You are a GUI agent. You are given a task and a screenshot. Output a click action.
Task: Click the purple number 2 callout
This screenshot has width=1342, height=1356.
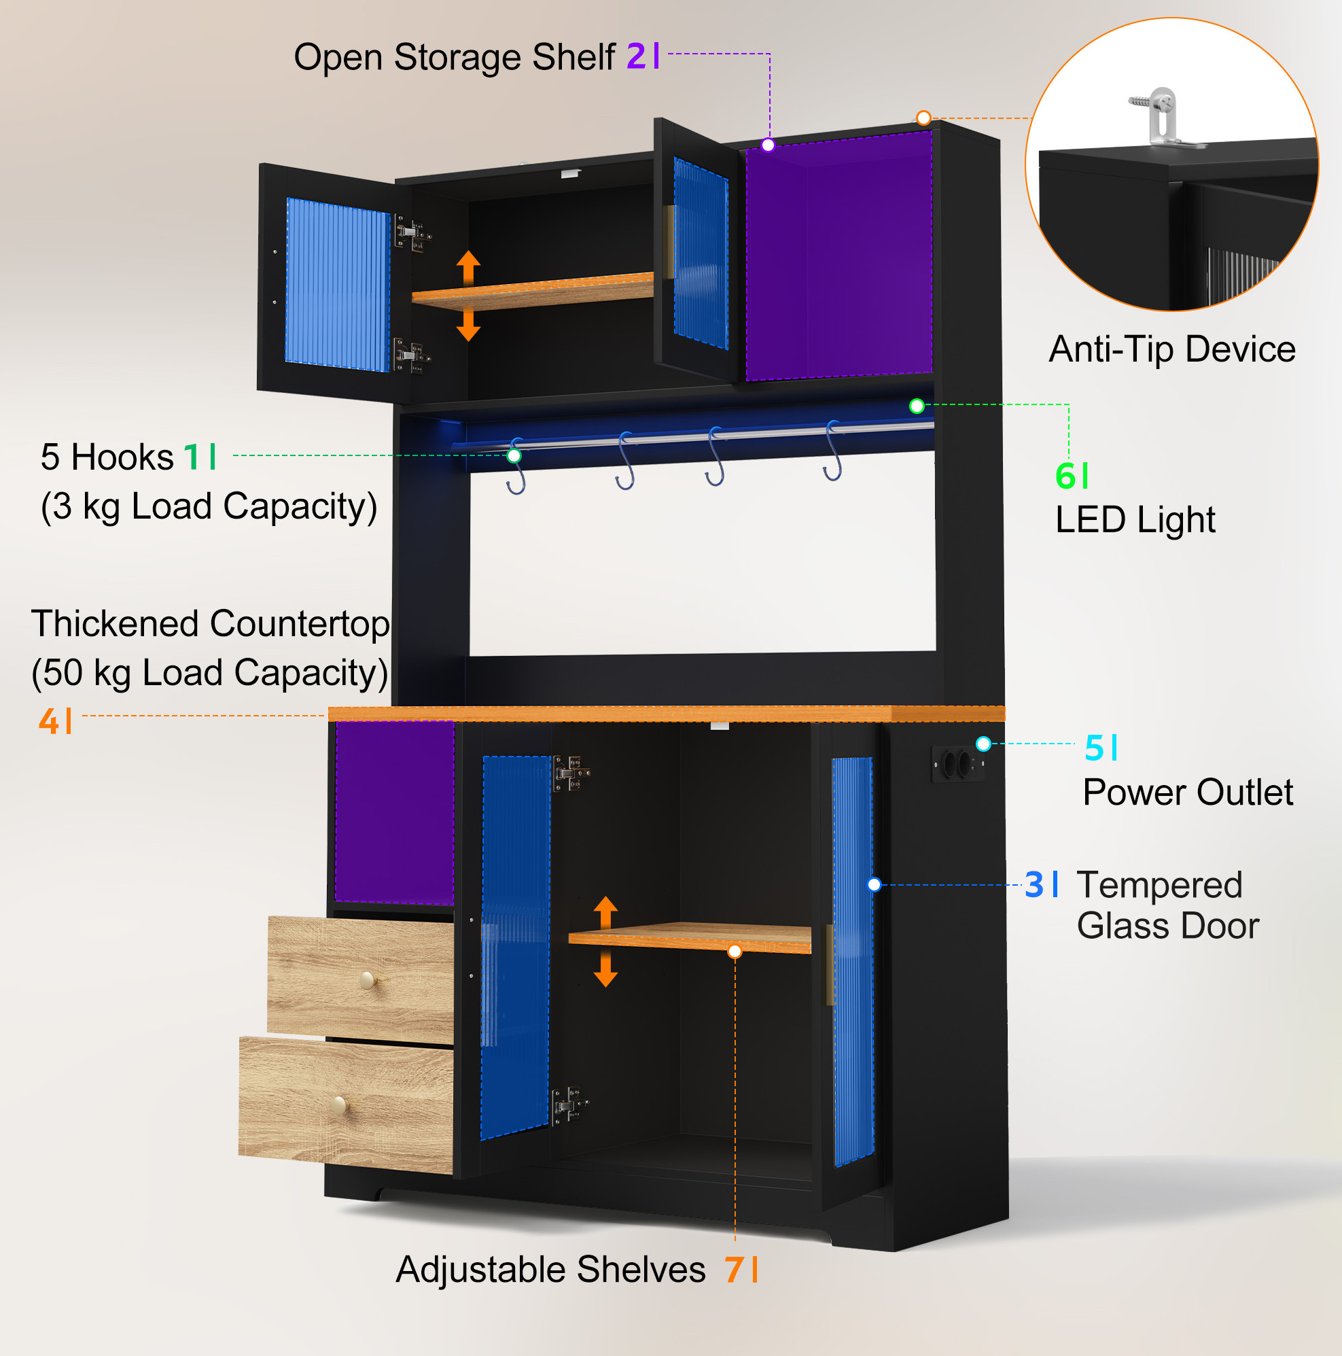635,56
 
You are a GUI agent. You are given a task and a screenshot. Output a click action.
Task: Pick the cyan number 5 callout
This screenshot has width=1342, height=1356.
1094,748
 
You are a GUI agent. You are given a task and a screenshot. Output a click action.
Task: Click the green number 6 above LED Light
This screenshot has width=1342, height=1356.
1065,476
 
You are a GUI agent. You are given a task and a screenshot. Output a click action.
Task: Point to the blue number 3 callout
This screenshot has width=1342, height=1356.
1034,885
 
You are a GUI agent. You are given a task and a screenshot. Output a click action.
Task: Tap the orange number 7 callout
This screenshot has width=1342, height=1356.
735,1270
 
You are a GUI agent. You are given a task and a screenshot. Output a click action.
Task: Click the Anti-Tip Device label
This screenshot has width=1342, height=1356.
1172,349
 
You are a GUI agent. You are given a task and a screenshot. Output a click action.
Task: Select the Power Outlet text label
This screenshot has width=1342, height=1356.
1188,793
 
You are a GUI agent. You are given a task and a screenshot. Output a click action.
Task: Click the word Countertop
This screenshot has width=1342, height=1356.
300,625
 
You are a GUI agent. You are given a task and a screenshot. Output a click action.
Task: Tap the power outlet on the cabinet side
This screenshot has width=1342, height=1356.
956,763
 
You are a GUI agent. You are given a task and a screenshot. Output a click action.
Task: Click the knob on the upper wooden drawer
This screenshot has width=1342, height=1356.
367,980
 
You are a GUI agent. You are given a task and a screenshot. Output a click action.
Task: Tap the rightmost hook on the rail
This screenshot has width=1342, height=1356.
832,451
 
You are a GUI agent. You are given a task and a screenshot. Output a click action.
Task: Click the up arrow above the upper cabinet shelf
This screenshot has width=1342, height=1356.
469,267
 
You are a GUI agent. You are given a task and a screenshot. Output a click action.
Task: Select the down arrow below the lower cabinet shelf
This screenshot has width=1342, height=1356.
605,969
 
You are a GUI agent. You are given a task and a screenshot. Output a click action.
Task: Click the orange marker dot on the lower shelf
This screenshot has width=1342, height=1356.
735,952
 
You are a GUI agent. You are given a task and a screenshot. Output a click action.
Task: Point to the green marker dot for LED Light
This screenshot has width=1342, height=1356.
917,406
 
